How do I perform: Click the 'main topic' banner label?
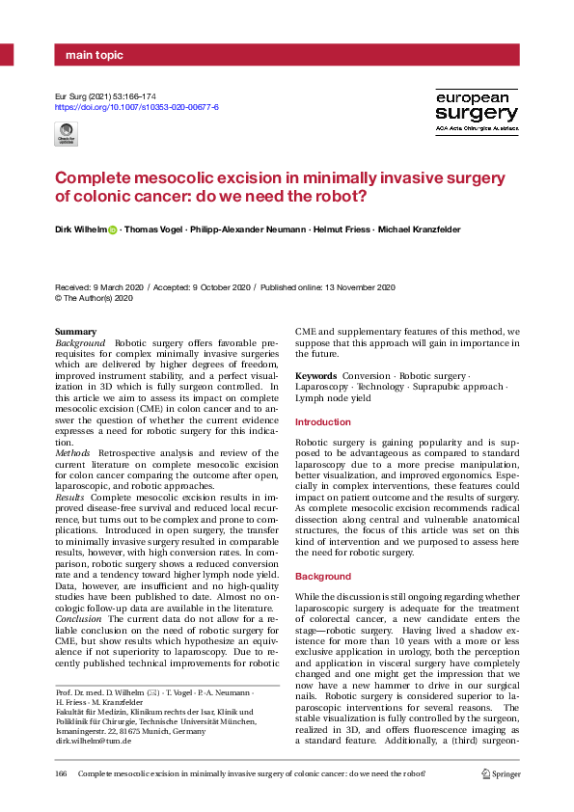coord(95,55)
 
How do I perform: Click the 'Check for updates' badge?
coord(68,134)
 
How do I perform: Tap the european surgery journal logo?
coord(477,111)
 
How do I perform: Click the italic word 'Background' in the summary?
coord(80,343)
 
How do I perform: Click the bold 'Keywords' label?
coord(315,375)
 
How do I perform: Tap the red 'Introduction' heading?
coord(323,422)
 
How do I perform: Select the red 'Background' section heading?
coord(322,576)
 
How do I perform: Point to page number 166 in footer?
coord(63,774)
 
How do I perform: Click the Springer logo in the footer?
coord(500,774)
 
